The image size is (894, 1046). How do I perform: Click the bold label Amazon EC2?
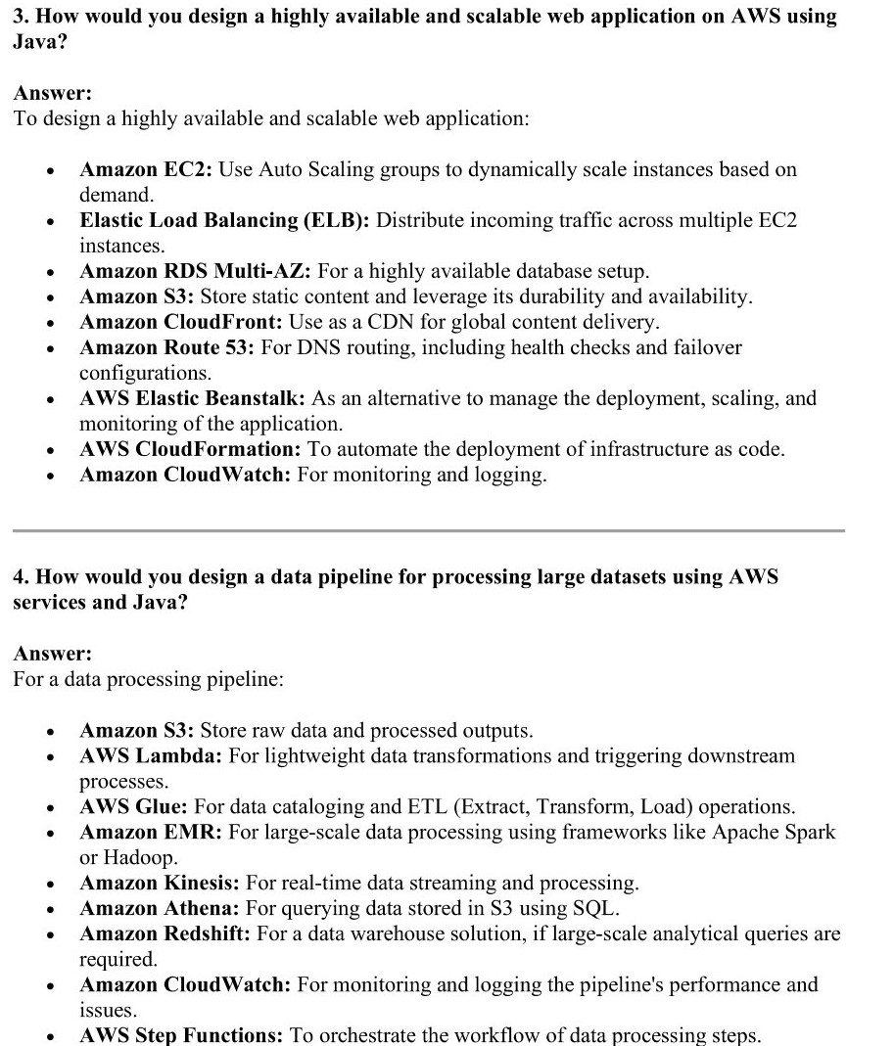146,169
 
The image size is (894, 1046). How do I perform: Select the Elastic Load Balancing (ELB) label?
224,220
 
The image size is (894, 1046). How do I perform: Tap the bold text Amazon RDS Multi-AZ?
196,271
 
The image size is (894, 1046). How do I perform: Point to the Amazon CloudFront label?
181,322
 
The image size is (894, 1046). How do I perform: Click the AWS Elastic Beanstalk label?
193,398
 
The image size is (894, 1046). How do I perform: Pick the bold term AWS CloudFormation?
190,449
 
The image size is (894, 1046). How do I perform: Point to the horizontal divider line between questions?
428,530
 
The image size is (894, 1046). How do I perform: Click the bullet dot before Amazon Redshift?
49,934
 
